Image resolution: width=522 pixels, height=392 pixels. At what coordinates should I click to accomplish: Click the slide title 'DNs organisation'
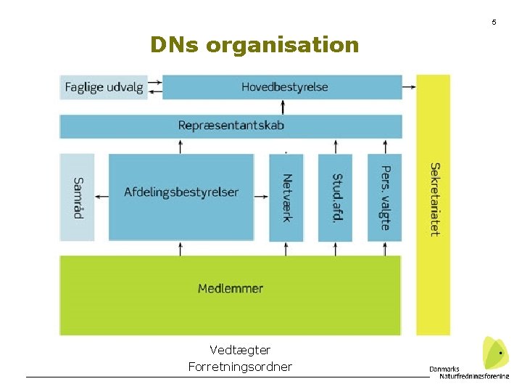[254, 45]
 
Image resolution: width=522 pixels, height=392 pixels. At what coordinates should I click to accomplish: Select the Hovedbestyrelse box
[282, 87]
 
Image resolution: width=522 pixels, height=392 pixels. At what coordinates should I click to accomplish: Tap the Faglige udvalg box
[103, 87]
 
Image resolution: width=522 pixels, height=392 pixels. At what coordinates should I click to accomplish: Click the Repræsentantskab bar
[231, 126]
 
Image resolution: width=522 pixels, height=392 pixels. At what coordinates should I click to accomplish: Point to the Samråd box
[77, 197]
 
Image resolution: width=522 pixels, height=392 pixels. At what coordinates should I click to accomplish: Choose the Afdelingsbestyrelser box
[181, 193]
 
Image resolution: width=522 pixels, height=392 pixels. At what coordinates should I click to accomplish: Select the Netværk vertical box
[286, 197]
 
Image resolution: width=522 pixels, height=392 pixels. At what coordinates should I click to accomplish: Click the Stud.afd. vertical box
[335, 197]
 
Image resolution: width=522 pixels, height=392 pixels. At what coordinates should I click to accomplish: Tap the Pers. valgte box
[384, 197]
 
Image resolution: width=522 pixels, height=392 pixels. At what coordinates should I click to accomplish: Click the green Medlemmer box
[230, 289]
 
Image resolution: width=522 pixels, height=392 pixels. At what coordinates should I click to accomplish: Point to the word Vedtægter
[240, 351]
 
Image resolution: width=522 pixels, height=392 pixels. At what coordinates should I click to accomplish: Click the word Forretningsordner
[240, 367]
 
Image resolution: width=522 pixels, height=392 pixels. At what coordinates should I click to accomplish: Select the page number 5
[494, 23]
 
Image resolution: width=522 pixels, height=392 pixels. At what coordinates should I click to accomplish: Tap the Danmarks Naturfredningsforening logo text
[468, 372]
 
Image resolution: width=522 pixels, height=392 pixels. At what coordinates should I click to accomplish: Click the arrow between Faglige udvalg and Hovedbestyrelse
[155, 87]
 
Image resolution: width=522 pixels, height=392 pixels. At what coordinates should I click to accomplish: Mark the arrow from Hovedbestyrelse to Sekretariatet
[410, 87]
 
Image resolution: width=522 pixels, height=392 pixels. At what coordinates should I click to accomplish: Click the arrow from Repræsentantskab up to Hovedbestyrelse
[283, 107]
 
